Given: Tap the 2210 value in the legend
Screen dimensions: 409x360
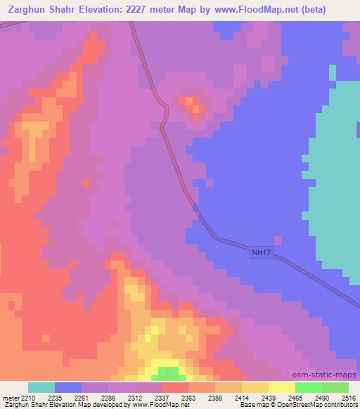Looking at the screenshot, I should pos(28,398).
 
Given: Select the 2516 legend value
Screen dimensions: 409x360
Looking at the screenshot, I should pos(349,398).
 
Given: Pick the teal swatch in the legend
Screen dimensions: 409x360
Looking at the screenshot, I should pos(41,387).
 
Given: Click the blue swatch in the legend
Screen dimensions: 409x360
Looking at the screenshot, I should pos(68,387).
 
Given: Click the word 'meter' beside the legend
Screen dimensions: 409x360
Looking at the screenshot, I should pos(10,398).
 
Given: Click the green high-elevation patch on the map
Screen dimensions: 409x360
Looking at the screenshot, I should pos(167,372).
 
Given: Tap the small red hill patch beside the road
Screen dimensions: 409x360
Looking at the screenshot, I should pos(192,106).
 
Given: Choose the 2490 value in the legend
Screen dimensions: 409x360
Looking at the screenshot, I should pos(321,398).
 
